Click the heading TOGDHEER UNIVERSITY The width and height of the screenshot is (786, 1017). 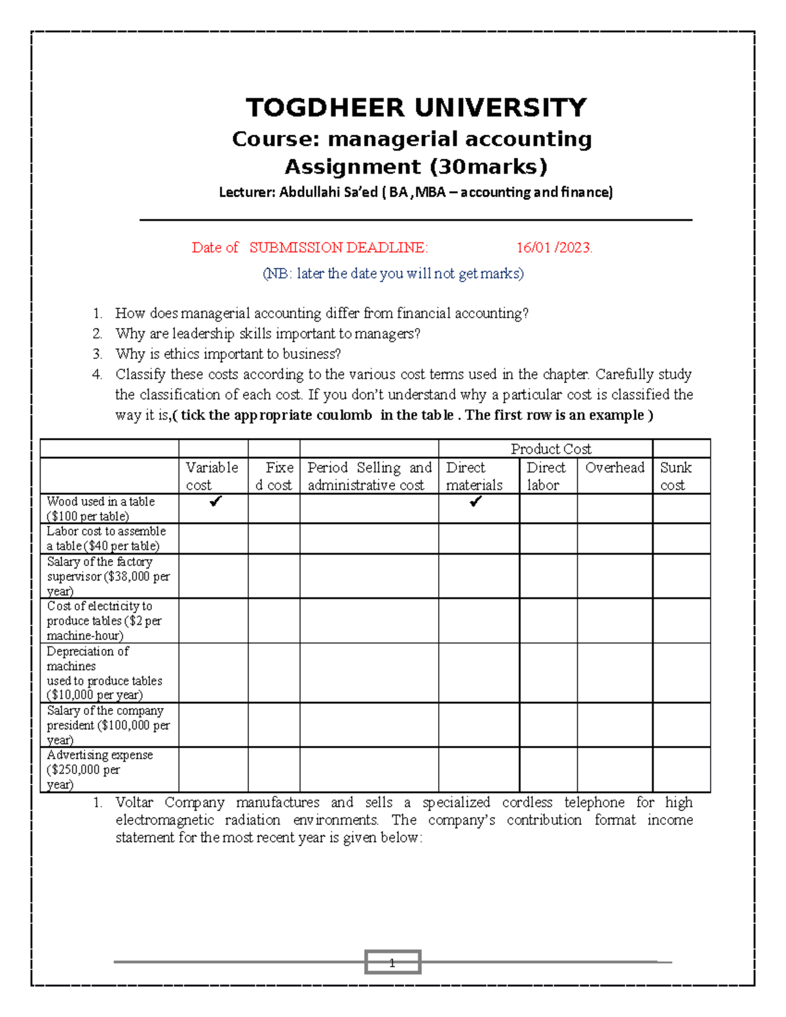click(x=416, y=108)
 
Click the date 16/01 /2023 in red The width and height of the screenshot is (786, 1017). click(x=554, y=248)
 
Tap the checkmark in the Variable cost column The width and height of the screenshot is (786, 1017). click(x=215, y=502)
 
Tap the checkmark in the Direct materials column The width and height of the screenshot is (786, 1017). click(x=476, y=502)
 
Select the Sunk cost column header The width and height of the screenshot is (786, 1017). click(x=675, y=476)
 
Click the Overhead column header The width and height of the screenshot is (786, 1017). click(x=614, y=468)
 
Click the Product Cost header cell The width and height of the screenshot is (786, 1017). click(x=550, y=449)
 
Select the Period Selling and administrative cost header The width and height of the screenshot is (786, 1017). click(x=369, y=476)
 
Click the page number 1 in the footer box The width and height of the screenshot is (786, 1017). click(x=392, y=963)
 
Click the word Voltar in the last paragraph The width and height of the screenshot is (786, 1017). click(x=134, y=802)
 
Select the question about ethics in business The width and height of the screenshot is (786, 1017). click(x=228, y=354)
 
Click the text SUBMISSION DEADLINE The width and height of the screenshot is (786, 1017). click(x=338, y=248)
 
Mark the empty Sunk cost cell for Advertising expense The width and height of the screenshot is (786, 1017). click(x=681, y=769)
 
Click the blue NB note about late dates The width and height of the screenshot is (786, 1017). click(x=393, y=274)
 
